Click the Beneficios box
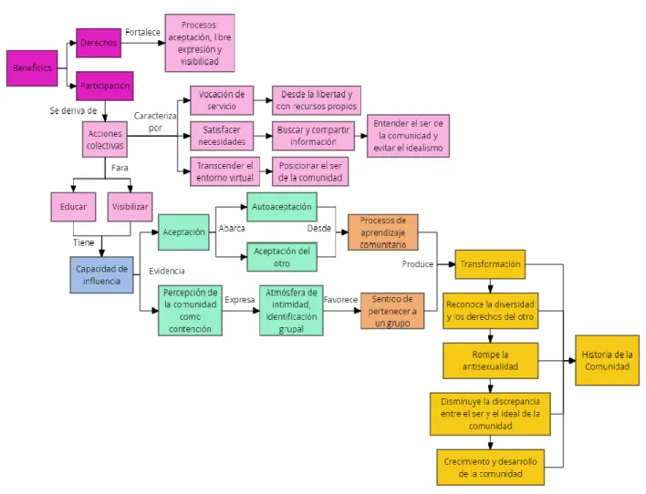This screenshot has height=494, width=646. (32, 68)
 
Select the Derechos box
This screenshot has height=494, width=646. (99, 43)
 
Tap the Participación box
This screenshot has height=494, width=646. (105, 86)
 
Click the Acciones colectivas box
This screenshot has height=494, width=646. (105, 139)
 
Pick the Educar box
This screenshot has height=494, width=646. (73, 207)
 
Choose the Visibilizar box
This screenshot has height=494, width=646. (130, 207)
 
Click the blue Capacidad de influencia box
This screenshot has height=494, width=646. (102, 275)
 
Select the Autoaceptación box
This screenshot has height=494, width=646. (282, 207)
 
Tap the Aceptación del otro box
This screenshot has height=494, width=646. (282, 257)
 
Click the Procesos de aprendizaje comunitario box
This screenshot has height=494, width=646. (383, 232)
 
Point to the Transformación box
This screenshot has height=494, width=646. (490, 264)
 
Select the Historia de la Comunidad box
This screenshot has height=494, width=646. (608, 361)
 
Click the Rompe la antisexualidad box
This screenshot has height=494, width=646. (490, 361)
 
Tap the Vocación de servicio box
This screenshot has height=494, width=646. (222, 100)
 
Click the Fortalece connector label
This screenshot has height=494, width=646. (142, 32)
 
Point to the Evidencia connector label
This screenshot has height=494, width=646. (167, 271)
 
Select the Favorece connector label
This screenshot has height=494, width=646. (340, 300)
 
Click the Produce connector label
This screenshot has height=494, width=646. (418, 264)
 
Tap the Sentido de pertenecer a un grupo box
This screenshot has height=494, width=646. (392, 311)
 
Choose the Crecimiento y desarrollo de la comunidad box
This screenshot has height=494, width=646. (490, 468)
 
